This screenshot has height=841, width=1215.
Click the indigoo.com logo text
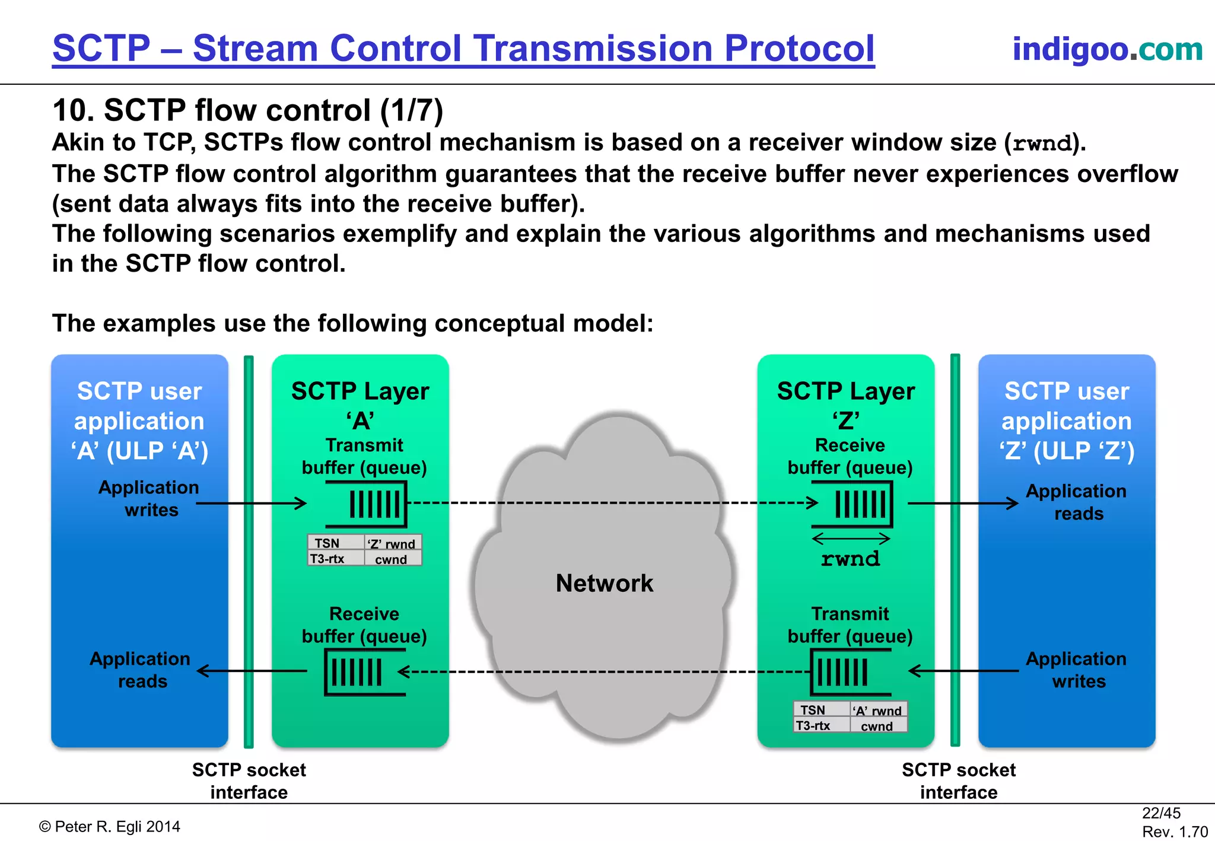1107,49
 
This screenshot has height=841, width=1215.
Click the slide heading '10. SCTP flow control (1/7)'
247,110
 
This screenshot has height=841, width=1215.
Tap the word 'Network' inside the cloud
604,583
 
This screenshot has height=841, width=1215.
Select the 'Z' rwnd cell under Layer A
392,543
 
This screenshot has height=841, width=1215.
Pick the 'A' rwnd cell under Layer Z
878,711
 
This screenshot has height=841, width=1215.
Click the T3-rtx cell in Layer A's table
327,559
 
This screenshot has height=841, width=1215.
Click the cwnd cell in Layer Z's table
877,726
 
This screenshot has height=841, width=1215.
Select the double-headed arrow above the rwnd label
851,539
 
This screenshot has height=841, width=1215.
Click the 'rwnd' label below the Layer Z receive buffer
850,559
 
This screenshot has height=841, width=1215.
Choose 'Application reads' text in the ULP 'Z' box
1076,502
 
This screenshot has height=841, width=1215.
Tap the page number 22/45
1161,813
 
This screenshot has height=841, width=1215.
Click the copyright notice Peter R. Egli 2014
110,826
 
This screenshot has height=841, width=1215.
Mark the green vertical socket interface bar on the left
249,552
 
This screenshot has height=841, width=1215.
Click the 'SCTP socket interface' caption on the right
958,781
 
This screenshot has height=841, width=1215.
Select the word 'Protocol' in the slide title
799,48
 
